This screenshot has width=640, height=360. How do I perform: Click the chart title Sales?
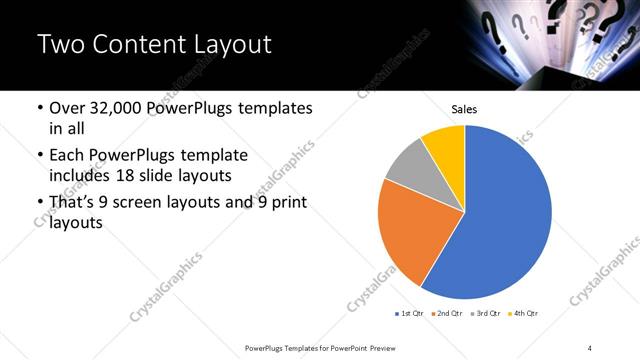[x=465, y=109]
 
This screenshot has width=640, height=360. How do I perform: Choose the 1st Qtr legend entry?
[x=410, y=314]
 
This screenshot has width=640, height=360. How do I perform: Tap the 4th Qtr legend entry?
[x=524, y=314]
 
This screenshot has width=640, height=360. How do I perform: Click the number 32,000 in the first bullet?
[x=108, y=108]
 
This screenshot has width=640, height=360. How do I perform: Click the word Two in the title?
[x=59, y=44]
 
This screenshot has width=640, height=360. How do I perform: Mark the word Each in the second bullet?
[x=66, y=155]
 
